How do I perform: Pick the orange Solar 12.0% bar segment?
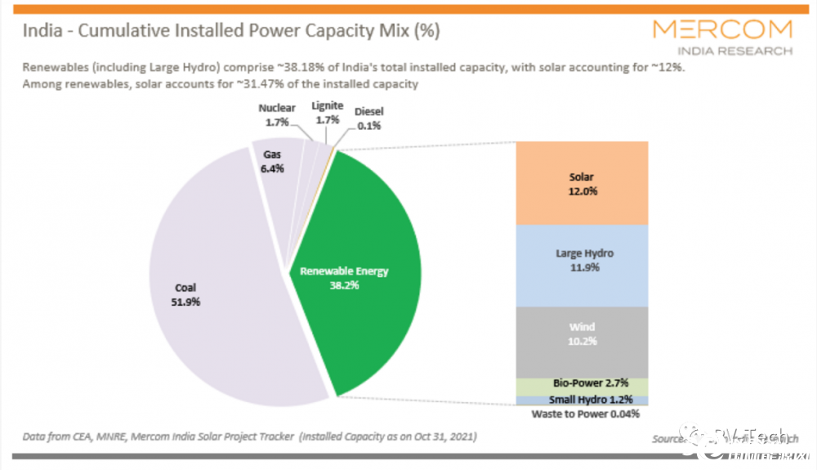coord(582,183)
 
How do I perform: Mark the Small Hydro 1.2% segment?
coord(582,401)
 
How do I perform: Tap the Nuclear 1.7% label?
coord(277,114)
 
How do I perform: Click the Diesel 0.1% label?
coord(368,119)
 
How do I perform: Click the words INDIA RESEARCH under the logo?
coord(748,51)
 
